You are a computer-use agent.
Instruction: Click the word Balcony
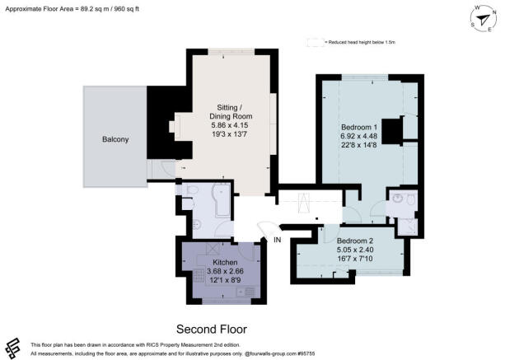115,140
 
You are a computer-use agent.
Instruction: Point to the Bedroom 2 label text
355,241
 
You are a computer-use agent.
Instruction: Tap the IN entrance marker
278,240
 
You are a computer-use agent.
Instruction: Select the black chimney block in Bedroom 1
395,130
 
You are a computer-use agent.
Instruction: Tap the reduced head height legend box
313,40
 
